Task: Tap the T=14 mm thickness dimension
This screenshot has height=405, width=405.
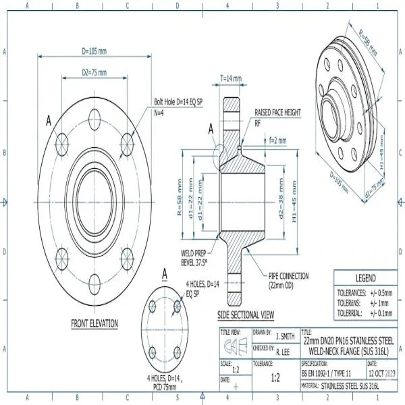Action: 231,78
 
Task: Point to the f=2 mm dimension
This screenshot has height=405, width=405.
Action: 277,141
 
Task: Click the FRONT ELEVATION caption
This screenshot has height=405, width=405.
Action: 94,324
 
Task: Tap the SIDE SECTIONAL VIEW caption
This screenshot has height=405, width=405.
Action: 246,315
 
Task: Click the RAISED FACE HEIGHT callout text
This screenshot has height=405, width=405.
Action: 277,113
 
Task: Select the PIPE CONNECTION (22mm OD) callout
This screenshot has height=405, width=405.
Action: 288,279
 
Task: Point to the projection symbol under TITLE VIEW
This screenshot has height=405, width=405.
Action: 235,346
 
